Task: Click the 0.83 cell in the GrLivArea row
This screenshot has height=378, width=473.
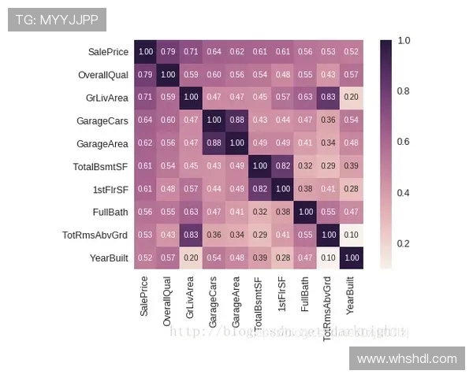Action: (328, 98)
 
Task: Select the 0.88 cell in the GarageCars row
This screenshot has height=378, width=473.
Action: (237, 121)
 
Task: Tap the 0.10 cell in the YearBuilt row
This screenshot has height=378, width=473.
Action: (328, 258)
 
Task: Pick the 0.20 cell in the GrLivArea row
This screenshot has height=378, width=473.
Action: (351, 98)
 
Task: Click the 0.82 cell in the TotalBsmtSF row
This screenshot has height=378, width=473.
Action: (283, 167)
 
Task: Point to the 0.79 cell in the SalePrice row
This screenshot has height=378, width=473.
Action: (169, 53)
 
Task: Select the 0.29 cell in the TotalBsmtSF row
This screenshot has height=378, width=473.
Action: (328, 167)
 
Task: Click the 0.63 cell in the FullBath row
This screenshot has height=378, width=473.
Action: (192, 213)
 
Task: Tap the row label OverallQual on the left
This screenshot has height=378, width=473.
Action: (102, 76)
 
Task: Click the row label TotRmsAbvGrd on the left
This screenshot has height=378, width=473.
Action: (95, 235)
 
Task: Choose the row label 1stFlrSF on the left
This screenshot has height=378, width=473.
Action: (110, 190)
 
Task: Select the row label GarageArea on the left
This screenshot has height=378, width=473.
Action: (102, 144)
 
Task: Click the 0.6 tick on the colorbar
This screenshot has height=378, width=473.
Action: (403, 142)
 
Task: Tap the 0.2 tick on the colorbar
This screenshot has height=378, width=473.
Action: (403, 243)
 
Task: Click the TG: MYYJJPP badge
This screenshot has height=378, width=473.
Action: (57, 20)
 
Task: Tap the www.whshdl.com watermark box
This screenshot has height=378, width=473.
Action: (407, 358)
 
